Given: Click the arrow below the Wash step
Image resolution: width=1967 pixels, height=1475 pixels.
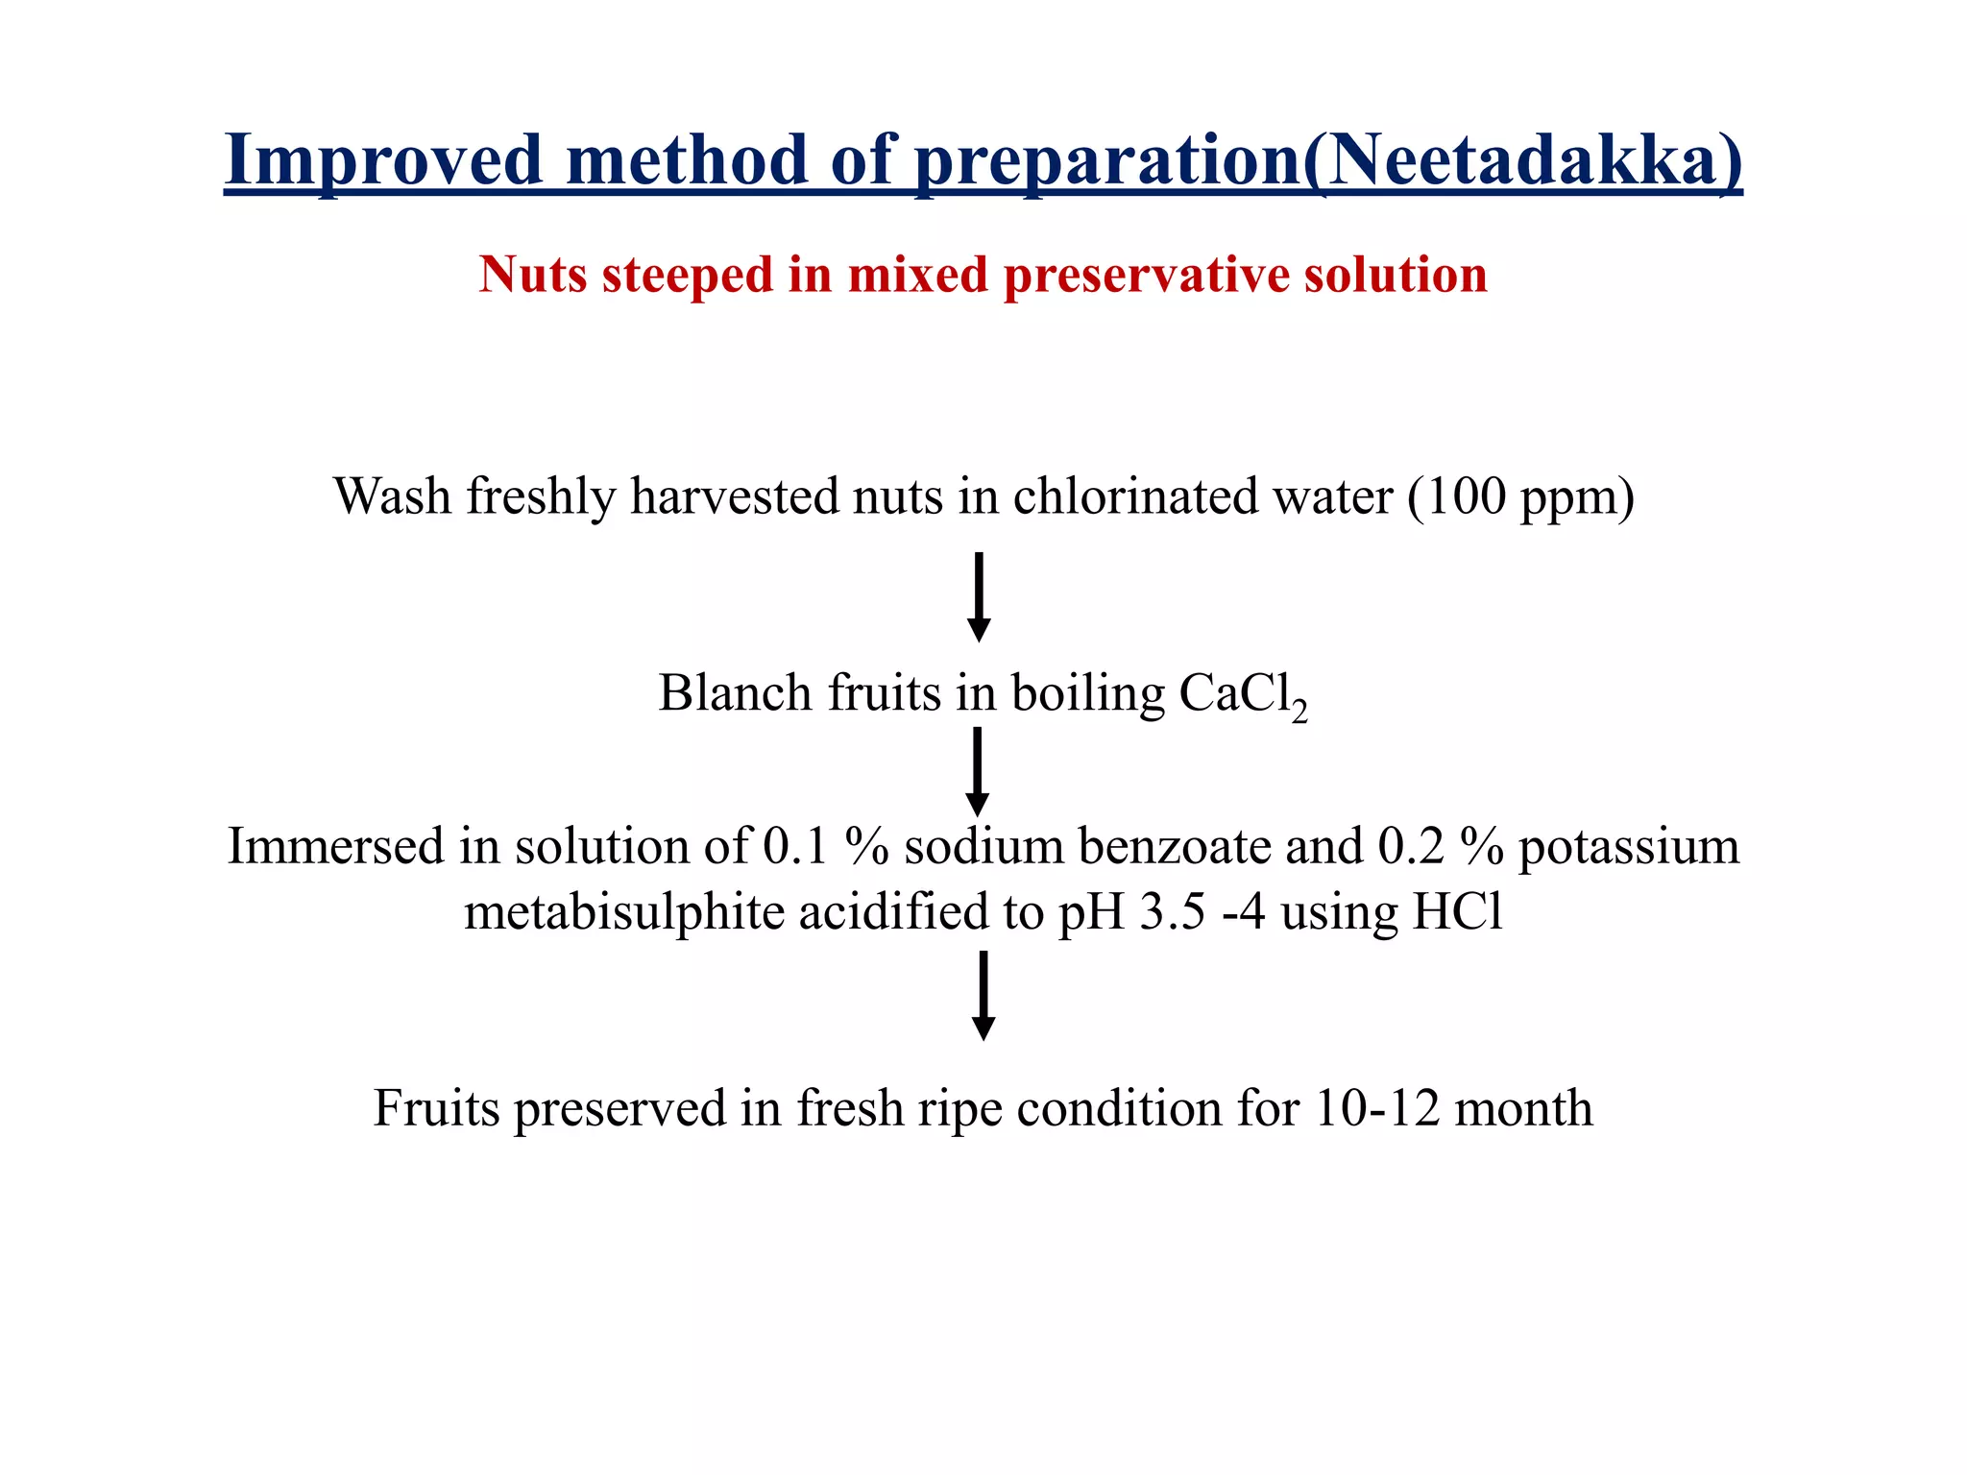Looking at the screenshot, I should click(x=979, y=596).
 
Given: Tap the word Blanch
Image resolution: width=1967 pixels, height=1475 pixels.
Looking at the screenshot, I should click(x=735, y=693).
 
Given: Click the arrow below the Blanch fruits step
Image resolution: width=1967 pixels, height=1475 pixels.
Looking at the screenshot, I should click(x=977, y=771).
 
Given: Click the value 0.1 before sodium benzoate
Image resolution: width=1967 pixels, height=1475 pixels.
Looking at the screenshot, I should click(x=795, y=848).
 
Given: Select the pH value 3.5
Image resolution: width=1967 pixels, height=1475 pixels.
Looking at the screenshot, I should click(x=1172, y=912).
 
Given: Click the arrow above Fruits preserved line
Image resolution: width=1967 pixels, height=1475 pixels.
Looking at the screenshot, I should click(x=983, y=995).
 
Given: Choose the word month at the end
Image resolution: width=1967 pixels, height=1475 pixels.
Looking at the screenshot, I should click(x=1523, y=1109).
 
